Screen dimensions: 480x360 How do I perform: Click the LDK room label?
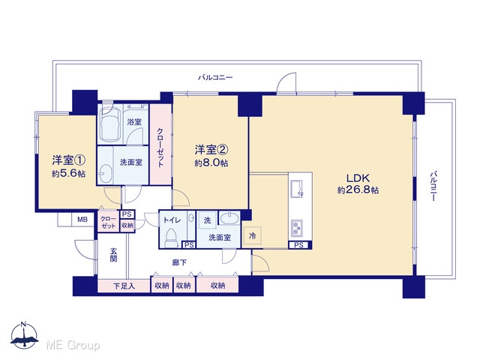click(358, 178)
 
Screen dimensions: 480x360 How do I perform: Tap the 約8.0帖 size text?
click(211, 163)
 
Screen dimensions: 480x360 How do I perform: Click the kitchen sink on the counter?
click(297, 188)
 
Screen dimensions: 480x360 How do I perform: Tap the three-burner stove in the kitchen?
click(297, 228)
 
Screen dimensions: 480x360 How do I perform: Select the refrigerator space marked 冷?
click(252, 236)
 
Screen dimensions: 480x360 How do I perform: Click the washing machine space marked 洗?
click(208, 220)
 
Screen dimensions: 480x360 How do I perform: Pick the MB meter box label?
click(82, 220)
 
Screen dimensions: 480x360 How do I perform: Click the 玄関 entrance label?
click(113, 255)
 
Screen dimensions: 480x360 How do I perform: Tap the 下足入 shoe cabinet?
click(124, 286)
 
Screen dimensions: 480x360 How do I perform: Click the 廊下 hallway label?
click(179, 262)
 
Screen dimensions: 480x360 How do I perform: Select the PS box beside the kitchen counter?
click(299, 245)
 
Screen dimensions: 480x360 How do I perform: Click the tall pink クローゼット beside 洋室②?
click(160, 145)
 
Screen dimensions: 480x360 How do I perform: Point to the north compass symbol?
click(24, 336)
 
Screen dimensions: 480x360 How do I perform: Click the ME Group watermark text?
click(73, 346)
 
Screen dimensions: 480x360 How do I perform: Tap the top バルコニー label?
click(215, 77)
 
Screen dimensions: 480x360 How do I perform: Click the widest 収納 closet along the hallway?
click(217, 285)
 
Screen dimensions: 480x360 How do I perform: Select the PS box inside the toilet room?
click(189, 245)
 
